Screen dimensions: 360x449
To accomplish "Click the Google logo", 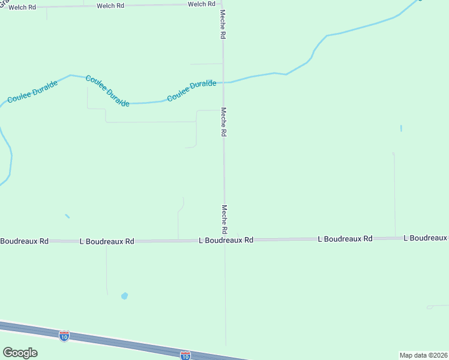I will tap(20, 353).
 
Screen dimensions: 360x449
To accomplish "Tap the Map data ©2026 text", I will tap(424, 355).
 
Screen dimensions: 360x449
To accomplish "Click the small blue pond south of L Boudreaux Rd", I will tap(124, 295).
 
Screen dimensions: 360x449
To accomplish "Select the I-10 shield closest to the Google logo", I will tap(64, 335).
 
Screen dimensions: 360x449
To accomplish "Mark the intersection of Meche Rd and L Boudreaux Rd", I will tap(224, 240).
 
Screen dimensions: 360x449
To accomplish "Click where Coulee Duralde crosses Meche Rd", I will tap(223, 82).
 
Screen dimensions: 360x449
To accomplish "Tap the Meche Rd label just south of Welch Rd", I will tap(223, 25).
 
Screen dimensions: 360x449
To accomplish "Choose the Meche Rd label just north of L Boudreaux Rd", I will tap(224, 220).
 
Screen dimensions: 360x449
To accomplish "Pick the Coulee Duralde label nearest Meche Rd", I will tap(191, 91).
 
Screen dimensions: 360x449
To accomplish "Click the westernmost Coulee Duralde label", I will tap(33, 91).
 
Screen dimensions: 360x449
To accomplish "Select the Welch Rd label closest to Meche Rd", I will tap(201, 4).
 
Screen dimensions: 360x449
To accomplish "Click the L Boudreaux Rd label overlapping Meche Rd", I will tap(226, 240).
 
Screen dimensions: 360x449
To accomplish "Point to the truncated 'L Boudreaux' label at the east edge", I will tap(426, 238).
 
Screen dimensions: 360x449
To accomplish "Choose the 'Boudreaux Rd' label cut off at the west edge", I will tap(24, 241).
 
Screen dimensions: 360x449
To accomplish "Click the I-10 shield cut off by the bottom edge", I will tap(185, 355).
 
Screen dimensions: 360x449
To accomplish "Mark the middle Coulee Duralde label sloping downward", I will tap(107, 91).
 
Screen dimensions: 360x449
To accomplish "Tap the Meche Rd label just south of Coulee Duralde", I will tap(223, 122).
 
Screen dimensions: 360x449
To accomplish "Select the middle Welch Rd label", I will tap(110, 5).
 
